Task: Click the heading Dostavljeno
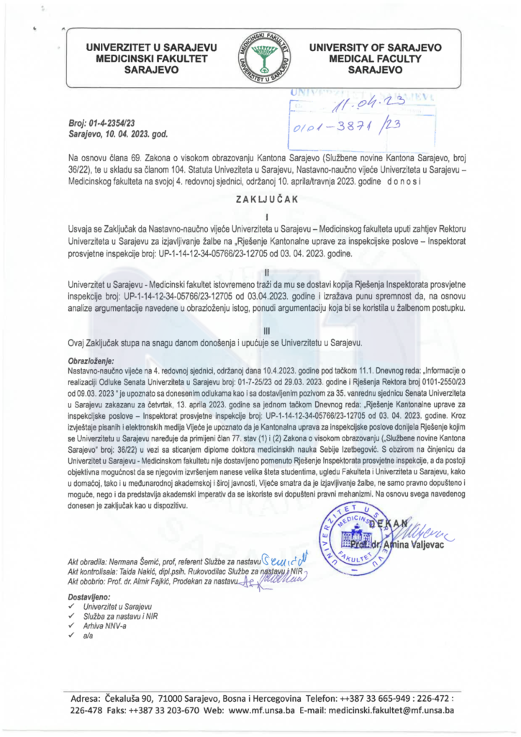(x=87, y=597)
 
